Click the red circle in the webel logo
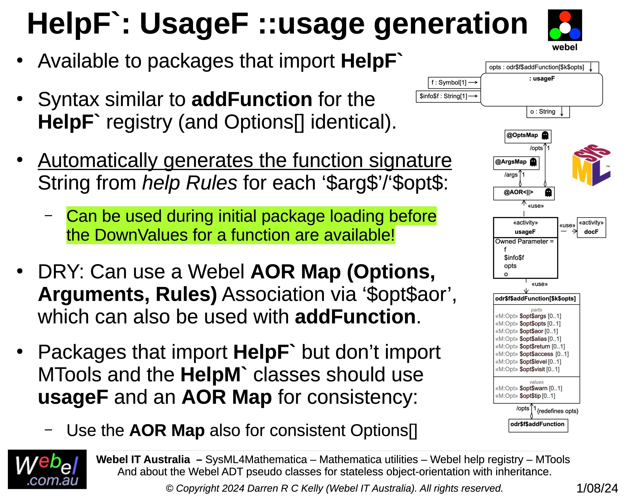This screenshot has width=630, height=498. (565, 17)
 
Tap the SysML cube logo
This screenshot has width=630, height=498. (591, 165)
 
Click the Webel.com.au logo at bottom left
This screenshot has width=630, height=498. (47, 469)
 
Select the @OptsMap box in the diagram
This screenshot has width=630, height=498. (528, 136)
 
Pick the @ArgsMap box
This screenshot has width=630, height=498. (516, 163)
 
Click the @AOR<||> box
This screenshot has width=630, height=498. (524, 193)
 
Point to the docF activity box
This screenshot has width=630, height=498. (591, 227)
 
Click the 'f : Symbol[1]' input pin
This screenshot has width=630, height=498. (454, 82)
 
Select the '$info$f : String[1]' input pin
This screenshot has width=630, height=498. (448, 96)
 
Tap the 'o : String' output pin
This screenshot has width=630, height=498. (548, 112)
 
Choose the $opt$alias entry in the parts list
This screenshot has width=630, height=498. (528, 339)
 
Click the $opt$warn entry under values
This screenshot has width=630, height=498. (529, 388)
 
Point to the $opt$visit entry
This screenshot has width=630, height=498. (527, 369)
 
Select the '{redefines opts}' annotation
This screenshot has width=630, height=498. (557, 411)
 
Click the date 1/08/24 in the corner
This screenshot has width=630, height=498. (597, 488)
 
